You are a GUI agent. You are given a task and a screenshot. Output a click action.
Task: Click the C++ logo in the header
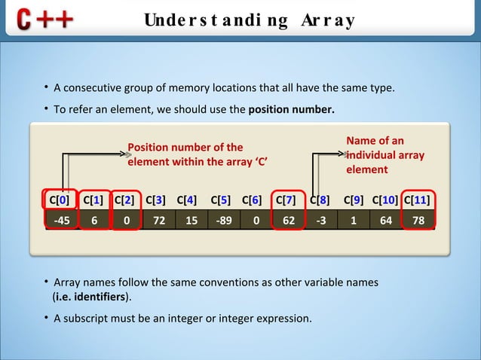(x=43, y=19)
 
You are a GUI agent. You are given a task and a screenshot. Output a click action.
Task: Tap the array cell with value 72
(x=158, y=220)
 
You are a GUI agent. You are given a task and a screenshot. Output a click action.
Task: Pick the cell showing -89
(x=223, y=220)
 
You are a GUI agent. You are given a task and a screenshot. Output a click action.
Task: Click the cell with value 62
(x=288, y=220)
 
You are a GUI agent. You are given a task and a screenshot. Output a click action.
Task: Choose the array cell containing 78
(x=418, y=220)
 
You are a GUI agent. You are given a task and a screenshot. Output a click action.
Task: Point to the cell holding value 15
(x=191, y=220)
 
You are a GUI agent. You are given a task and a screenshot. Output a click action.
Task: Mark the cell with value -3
(x=321, y=220)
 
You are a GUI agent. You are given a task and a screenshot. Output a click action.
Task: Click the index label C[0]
(x=59, y=200)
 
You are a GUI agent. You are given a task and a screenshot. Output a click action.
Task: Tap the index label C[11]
(x=418, y=200)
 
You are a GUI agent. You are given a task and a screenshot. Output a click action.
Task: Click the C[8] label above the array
(x=320, y=200)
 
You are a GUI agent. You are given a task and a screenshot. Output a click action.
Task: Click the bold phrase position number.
(x=291, y=109)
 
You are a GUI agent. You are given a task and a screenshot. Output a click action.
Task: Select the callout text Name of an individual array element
(x=384, y=155)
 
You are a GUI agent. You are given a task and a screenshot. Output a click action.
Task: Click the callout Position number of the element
(x=198, y=154)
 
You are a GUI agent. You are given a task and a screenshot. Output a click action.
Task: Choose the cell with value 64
(x=386, y=220)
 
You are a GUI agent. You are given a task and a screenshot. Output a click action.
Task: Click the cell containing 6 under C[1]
(x=93, y=220)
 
